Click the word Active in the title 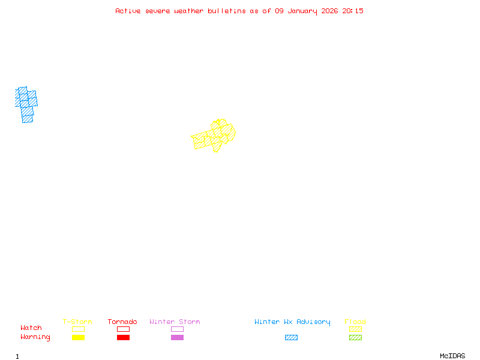pos(128,11)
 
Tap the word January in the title pos(304,11)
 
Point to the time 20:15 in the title pos(353,11)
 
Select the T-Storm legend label pos(77,322)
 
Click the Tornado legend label pos(122,322)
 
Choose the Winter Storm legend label pos(175,322)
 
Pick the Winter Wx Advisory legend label pos(292,322)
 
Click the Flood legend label pos(355,322)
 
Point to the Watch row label pos(31,328)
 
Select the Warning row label pos(35,337)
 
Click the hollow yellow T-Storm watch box pos(78,329)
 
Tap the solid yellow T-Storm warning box pos(78,338)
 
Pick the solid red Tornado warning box pos(123,338)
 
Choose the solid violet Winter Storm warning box pos(177,338)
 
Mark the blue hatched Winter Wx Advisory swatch pos(291,338)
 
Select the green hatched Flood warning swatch pos(355,338)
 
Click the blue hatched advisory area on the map pos(26,103)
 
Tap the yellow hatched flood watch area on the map pos(215,136)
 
